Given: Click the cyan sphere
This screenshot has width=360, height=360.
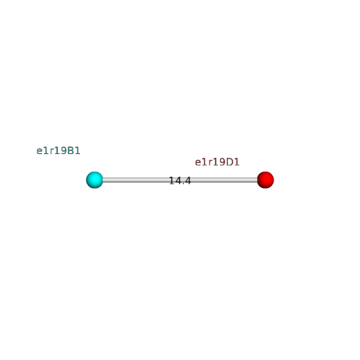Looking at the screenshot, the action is pos(94,180).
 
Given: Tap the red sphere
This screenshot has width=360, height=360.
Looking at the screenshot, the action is pos(265,180).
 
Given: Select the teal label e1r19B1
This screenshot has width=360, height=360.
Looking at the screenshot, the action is pos(58,150).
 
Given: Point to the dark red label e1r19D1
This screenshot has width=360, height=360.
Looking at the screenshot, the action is pos(217,162).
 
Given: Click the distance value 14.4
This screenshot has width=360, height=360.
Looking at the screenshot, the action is pos(180,181).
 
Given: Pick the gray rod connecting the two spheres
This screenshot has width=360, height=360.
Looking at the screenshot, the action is pos(180,180).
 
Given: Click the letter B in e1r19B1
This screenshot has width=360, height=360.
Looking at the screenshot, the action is pos(71,150).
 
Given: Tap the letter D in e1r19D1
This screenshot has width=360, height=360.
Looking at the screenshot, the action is pos(230,162).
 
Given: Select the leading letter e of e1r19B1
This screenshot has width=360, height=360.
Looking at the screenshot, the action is pos(39,151).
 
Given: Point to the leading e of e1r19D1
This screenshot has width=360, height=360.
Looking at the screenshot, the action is pos(198,163).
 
